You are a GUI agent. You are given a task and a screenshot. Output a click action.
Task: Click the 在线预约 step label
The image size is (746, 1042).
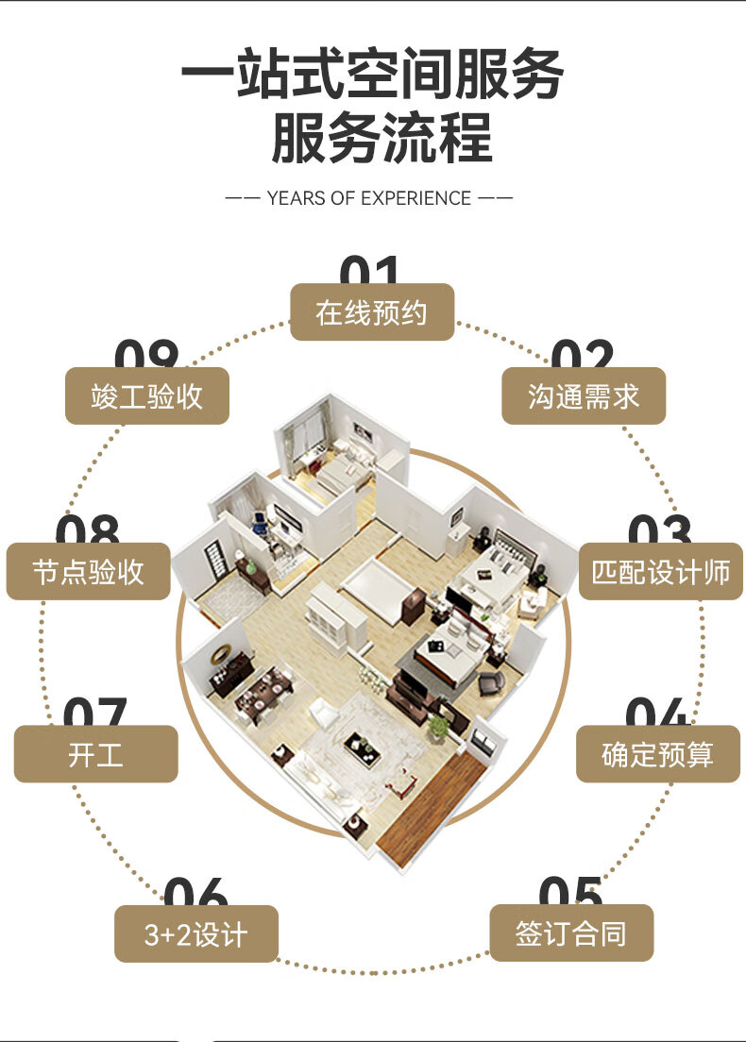tap(372, 312)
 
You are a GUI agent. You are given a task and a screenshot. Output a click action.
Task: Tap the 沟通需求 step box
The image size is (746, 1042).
tap(584, 396)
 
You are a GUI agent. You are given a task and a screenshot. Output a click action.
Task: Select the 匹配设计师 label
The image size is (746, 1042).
tap(661, 572)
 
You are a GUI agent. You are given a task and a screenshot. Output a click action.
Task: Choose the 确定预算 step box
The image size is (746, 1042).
tap(658, 754)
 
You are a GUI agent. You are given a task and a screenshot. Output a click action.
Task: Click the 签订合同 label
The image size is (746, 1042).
tap(571, 933)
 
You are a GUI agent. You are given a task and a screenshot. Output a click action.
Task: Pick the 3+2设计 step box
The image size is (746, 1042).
tap(196, 934)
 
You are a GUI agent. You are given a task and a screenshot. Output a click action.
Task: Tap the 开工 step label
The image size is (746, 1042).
tap(95, 754)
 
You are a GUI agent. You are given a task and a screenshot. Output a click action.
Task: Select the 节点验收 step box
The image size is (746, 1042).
tap(88, 572)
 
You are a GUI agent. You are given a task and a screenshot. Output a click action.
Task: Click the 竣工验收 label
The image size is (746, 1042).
tap(146, 396)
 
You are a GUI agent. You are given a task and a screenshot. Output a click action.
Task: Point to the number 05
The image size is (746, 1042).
tap(570, 892)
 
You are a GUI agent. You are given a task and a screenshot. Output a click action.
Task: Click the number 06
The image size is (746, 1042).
tap(195, 892)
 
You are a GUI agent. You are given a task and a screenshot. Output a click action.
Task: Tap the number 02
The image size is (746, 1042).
tap(583, 356)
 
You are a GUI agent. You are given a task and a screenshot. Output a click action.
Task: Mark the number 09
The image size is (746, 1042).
tap(146, 356)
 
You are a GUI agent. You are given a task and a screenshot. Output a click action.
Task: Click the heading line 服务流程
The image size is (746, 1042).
tap(381, 138)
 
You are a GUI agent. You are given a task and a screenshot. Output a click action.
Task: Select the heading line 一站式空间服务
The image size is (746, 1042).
tap(372, 75)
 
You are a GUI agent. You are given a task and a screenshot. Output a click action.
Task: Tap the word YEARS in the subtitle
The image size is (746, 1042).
tap(296, 198)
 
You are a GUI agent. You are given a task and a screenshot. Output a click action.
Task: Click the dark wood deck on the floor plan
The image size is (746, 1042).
tap(431, 807)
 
